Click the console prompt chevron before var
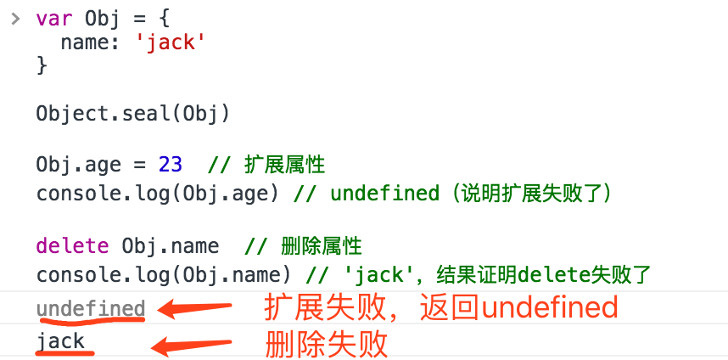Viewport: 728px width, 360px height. click(x=14, y=17)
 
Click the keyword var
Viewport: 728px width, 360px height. click(x=54, y=19)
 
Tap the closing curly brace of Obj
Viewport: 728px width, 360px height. click(x=42, y=65)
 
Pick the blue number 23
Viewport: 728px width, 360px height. click(x=170, y=165)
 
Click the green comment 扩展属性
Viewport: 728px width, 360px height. click(x=284, y=165)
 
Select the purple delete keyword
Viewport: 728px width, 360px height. click(x=72, y=246)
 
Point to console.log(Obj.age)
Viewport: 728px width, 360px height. click(x=157, y=193)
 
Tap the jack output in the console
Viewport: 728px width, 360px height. click(x=60, y=342)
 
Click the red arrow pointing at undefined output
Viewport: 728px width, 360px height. click(x=196, y=308)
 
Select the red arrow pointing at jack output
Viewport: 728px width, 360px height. click(x=190, y=344)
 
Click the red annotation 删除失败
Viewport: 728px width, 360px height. click(x=327, y=344)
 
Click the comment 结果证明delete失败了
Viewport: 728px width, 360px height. click(x=543, y=274)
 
